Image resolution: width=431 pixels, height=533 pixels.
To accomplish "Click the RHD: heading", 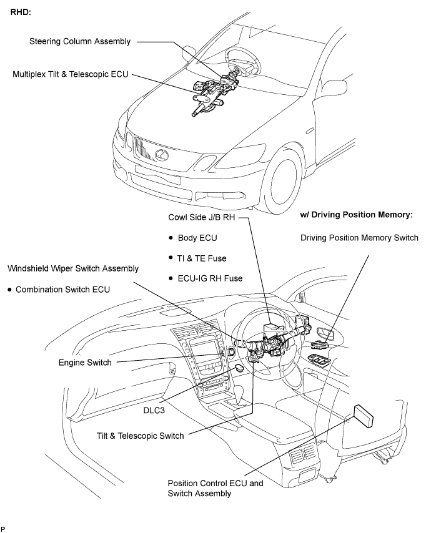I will click(x=22, y=11).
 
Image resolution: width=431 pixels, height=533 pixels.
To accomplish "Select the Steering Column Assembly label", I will click(x=80, y=42).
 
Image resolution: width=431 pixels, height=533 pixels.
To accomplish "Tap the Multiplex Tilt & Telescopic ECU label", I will click(x=71, y=74).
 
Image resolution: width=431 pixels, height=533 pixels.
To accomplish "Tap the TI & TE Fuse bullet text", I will click(x=203, y=258).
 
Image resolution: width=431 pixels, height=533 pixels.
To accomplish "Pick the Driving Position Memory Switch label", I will click(x=359, y=238).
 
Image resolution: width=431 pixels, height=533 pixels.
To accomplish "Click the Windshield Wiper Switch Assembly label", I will click(x=73, y=268).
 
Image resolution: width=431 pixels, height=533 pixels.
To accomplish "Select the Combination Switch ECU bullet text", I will click(x=62, y=290).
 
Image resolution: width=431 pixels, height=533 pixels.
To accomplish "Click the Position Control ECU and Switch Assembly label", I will click(x=211, y=488).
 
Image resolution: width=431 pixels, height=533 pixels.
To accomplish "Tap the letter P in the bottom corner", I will click(x=3, y=528).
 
